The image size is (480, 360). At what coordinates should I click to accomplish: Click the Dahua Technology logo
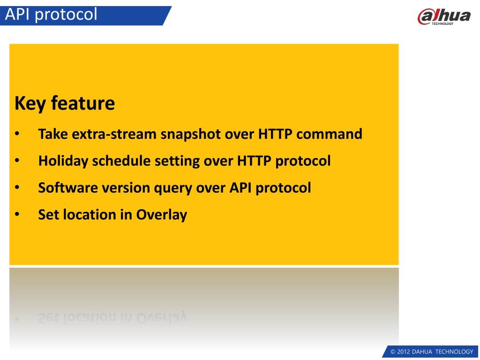click(444, 16)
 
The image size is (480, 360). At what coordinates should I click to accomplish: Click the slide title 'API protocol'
click(51, 15)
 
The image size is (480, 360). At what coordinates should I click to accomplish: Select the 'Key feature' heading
click(65, 103)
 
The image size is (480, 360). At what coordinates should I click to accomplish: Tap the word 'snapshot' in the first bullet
click(191, 134)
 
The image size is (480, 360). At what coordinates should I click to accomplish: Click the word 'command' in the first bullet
click(329, 134)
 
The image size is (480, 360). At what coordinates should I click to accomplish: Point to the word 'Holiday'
click(63, 161)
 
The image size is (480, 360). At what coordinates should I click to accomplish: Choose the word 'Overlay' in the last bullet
click(162, 215)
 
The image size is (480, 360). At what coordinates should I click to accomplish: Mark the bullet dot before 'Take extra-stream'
click(17, 134)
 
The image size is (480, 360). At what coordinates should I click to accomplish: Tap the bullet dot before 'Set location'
click(17, 215)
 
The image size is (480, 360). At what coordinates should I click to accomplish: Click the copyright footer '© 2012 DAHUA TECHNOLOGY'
click(432, 352)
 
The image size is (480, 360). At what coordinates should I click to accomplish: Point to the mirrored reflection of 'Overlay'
click(162, 317)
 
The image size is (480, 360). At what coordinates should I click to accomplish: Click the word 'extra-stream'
click(114, 134)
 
